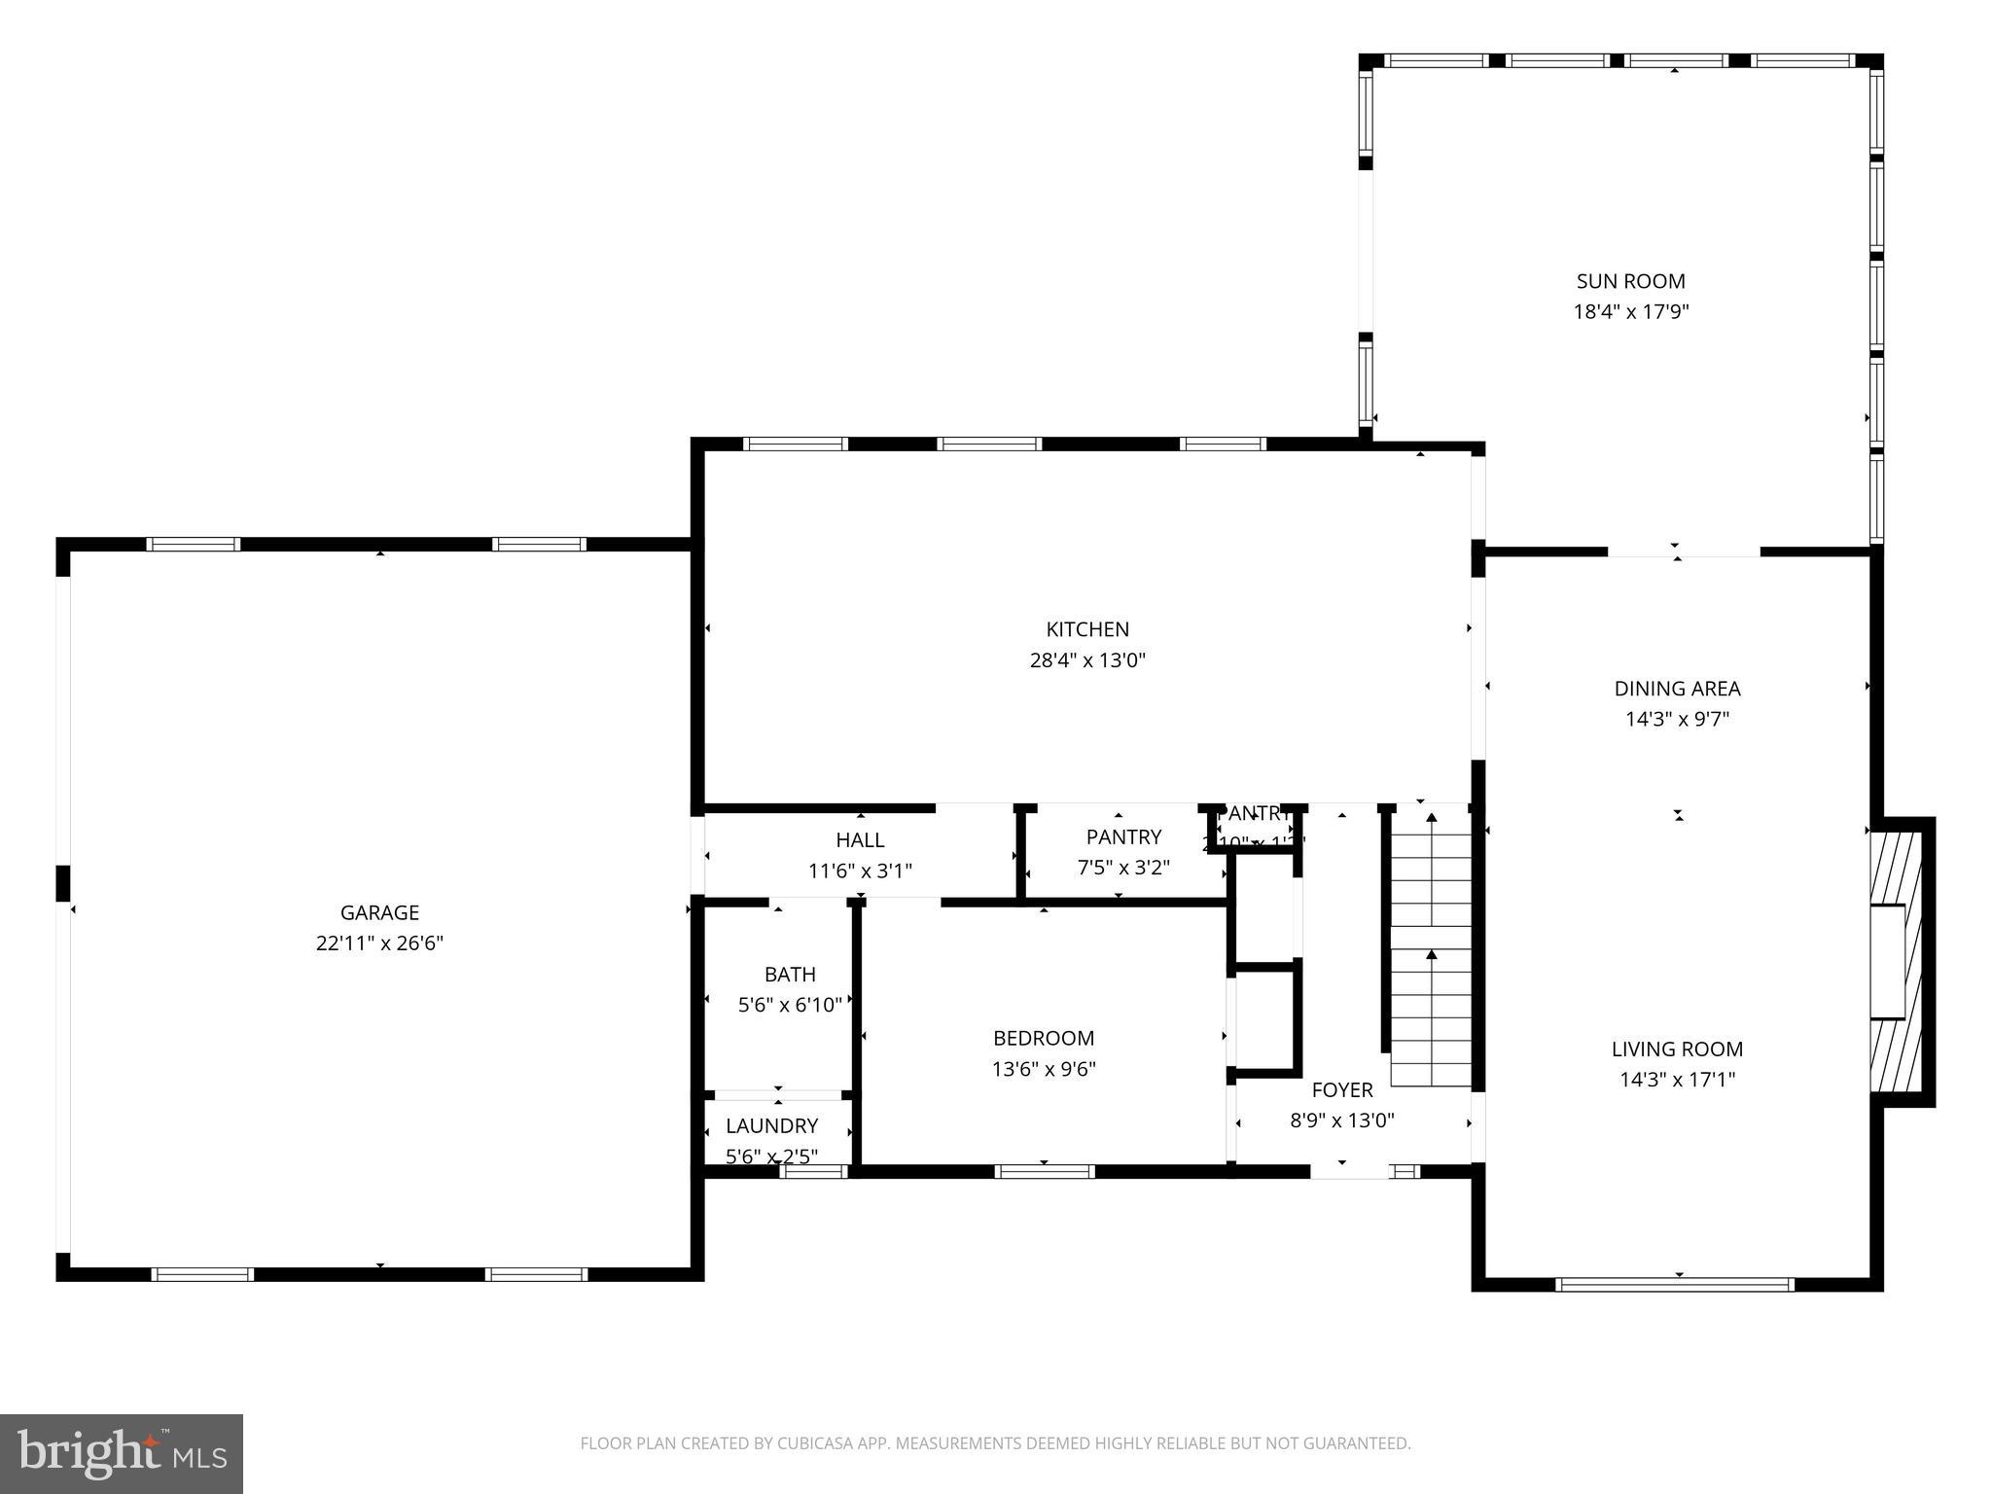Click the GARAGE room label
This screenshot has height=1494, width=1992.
tap(379, 912)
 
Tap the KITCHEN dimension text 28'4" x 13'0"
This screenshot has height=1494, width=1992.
tap(1087, 660)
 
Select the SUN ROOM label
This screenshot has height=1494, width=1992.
tap(1630, 281)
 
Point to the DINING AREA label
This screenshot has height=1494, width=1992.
tap(1677, 689)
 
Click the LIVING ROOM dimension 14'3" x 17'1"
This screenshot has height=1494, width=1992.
tap(1677, 1079)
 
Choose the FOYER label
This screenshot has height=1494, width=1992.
tap(1341, 1089)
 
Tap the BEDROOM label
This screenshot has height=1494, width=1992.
tap(1043, 1038)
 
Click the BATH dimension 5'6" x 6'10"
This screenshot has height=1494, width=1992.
tap(790, 1005)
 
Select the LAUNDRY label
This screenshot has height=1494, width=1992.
tap(771, 1125)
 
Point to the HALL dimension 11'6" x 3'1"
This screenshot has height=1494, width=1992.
tap(860, 871)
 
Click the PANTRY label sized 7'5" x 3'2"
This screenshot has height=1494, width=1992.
tap(1123, 836)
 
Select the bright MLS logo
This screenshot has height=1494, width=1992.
tap(122, 1453)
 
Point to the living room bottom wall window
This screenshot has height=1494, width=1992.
tap(1675, 1284)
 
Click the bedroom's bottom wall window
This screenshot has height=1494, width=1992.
tap(1045, 1171)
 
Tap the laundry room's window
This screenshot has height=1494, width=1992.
tap(813, 1171)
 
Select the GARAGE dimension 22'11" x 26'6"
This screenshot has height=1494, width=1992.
tap(379, 943)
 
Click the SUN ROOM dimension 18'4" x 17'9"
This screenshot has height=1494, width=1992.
tap(1630, 312)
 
